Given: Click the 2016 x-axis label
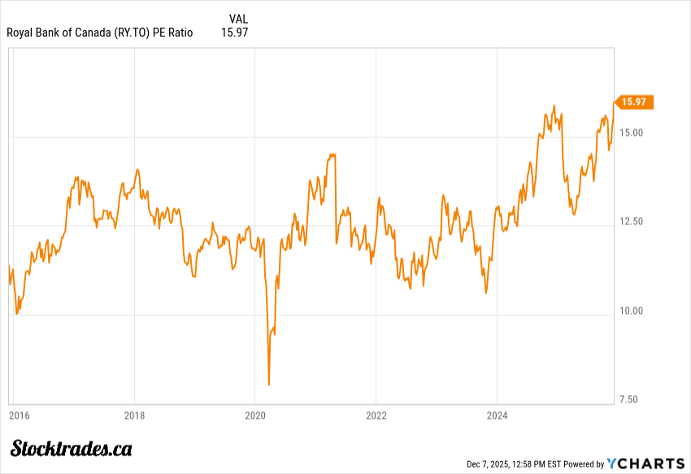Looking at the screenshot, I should pos(19,416).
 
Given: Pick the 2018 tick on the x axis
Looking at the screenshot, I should pos(135,416).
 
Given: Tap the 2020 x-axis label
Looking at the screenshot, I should pos(255,416).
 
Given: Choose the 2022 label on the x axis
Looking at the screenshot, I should pos(376,416).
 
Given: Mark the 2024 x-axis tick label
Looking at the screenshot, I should pos(496,416).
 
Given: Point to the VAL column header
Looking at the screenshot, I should pos(239,18).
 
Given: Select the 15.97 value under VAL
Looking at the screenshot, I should pos(234,33).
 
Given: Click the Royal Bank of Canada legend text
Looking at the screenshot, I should pos(100,33).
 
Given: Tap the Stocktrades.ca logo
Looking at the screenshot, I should pos(72,448).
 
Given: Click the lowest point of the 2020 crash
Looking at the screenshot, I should pos(269,385).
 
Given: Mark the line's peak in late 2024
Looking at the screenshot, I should pos(554,106).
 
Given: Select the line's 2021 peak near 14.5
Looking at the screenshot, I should pos(331,153).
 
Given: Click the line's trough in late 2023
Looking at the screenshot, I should pos(485,293).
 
